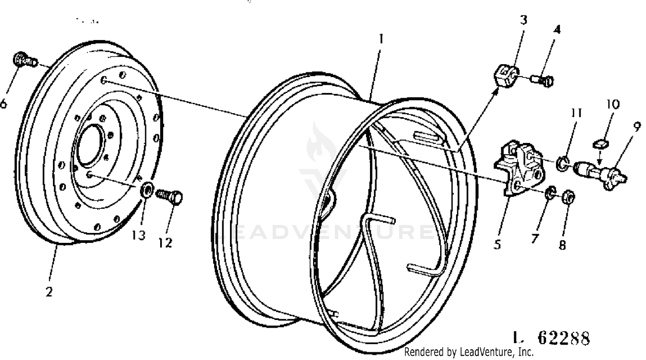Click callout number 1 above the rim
pos(381,39)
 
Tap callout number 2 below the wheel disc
pos(49,292)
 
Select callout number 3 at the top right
pos(524,20)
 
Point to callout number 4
pos(557,29)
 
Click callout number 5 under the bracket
pos(497,244)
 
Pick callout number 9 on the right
pos(637,126)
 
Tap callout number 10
pos(613,104)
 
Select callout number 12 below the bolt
pos(165,243)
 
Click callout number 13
pos(138,236)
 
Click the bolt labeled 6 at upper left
pos(25,59)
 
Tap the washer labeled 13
pos(147,189)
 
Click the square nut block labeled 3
pos(507,76)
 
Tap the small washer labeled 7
pos(550,192)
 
